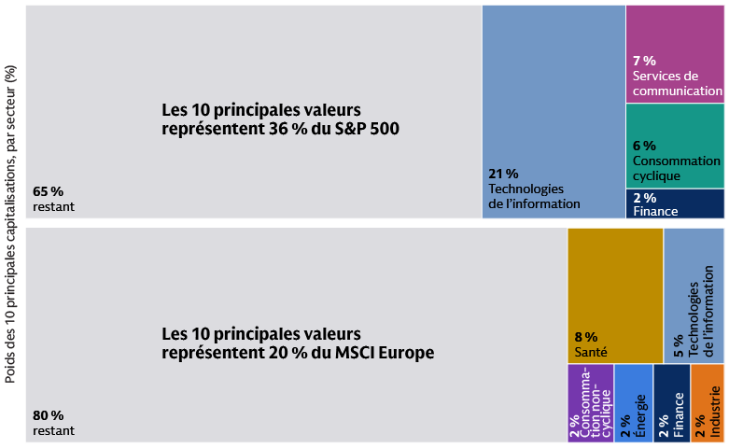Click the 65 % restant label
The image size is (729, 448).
click(x=53, y=200)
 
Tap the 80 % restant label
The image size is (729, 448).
click(x=53, y=423)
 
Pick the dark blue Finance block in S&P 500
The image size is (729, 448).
click(x=674, y=203)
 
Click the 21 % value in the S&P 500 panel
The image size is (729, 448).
click(x=503, y=174)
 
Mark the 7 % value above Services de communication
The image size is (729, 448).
click(x=644, y=61)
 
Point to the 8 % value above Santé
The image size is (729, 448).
click(x=585, y=337)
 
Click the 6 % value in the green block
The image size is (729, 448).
click(x=644, y=146)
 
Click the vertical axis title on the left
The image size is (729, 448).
click(x=10, y=224)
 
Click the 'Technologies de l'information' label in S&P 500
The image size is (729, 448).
click(x=534, y=196)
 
